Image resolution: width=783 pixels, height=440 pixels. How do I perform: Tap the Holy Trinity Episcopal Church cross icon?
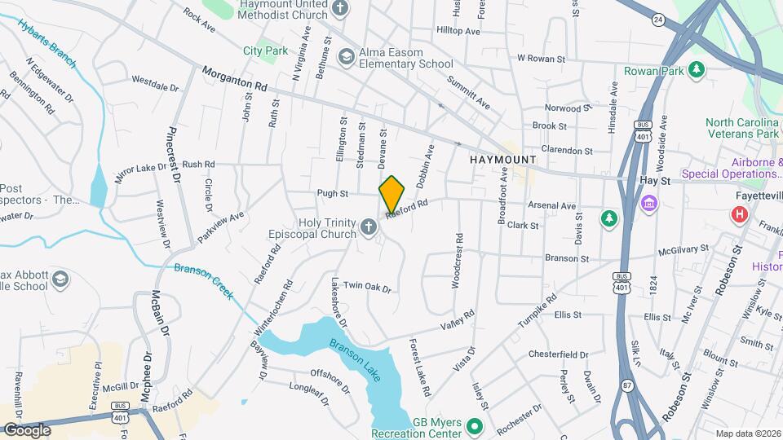[369, 229]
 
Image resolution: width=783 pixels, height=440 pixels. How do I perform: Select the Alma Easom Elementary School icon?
[346, 55]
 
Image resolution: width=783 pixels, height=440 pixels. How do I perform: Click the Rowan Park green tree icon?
[697, 71]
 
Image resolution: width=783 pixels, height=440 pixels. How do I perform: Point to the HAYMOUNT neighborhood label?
[503, 160]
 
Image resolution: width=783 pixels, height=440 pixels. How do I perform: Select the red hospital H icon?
[739, 214]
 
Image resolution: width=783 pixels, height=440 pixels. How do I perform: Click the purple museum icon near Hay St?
[649, 201]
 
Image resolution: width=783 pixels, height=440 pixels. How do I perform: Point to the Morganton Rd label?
[235, 79]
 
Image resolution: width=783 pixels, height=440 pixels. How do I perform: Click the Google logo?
[27, 429]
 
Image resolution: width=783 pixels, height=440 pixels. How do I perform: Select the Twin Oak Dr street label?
[368, 287]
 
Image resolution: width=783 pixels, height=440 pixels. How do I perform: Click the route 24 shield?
[657, 17]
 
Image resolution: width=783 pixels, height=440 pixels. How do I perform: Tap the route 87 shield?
[626, 385]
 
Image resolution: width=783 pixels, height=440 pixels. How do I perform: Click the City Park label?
[265, 51]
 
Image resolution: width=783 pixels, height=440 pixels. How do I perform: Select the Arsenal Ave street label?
[553, 206]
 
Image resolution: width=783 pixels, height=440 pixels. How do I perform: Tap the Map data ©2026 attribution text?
[747, 433]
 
